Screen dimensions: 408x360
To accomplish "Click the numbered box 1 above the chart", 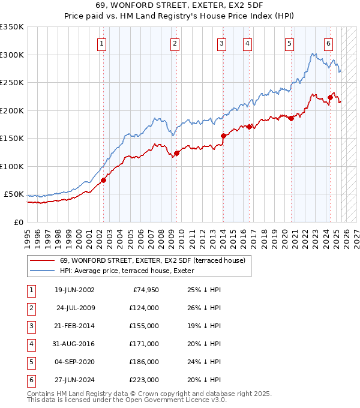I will pyautogui.click(x=101, y=43).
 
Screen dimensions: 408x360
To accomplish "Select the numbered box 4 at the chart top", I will pyautogui.click(x=247, y=43).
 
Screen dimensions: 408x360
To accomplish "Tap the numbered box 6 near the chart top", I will pyautogui.click(x=329, y=43).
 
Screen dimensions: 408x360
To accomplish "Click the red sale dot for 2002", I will pyautogui.click(x=103, y=180).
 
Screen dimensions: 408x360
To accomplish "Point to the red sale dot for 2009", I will pyautogui.click(x=176, y=153).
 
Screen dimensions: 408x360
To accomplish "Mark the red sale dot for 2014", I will pyautogui.click(x=223, y=136).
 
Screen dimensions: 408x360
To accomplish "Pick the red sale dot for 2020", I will pyautogui.click(x=291, y=118).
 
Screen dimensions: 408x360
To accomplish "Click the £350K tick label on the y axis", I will pyautogui.click(x=12, y=27).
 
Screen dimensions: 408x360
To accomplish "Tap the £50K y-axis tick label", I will pyautogui.click(x=14, y=194).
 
